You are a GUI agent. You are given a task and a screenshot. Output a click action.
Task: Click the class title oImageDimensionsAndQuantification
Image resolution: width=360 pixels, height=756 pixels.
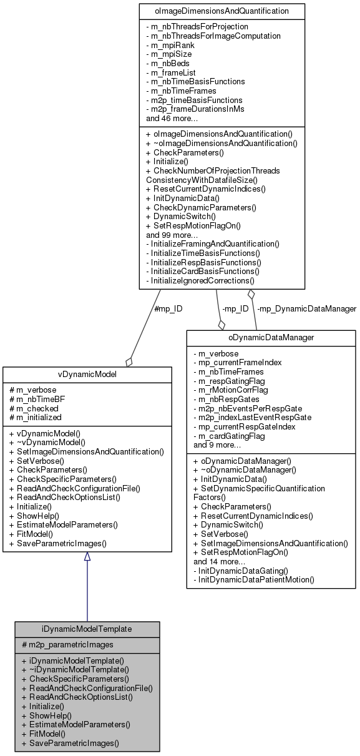[222, 11]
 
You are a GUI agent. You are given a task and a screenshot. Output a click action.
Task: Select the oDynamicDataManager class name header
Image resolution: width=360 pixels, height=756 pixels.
[271, 338]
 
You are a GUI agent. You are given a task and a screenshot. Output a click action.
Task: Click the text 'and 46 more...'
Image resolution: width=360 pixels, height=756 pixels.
[172, 118]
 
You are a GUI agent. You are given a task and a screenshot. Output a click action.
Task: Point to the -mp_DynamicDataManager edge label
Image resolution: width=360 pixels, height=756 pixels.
[306, 308]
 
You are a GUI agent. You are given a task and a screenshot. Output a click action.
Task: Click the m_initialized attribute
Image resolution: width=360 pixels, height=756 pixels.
[37, 418]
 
